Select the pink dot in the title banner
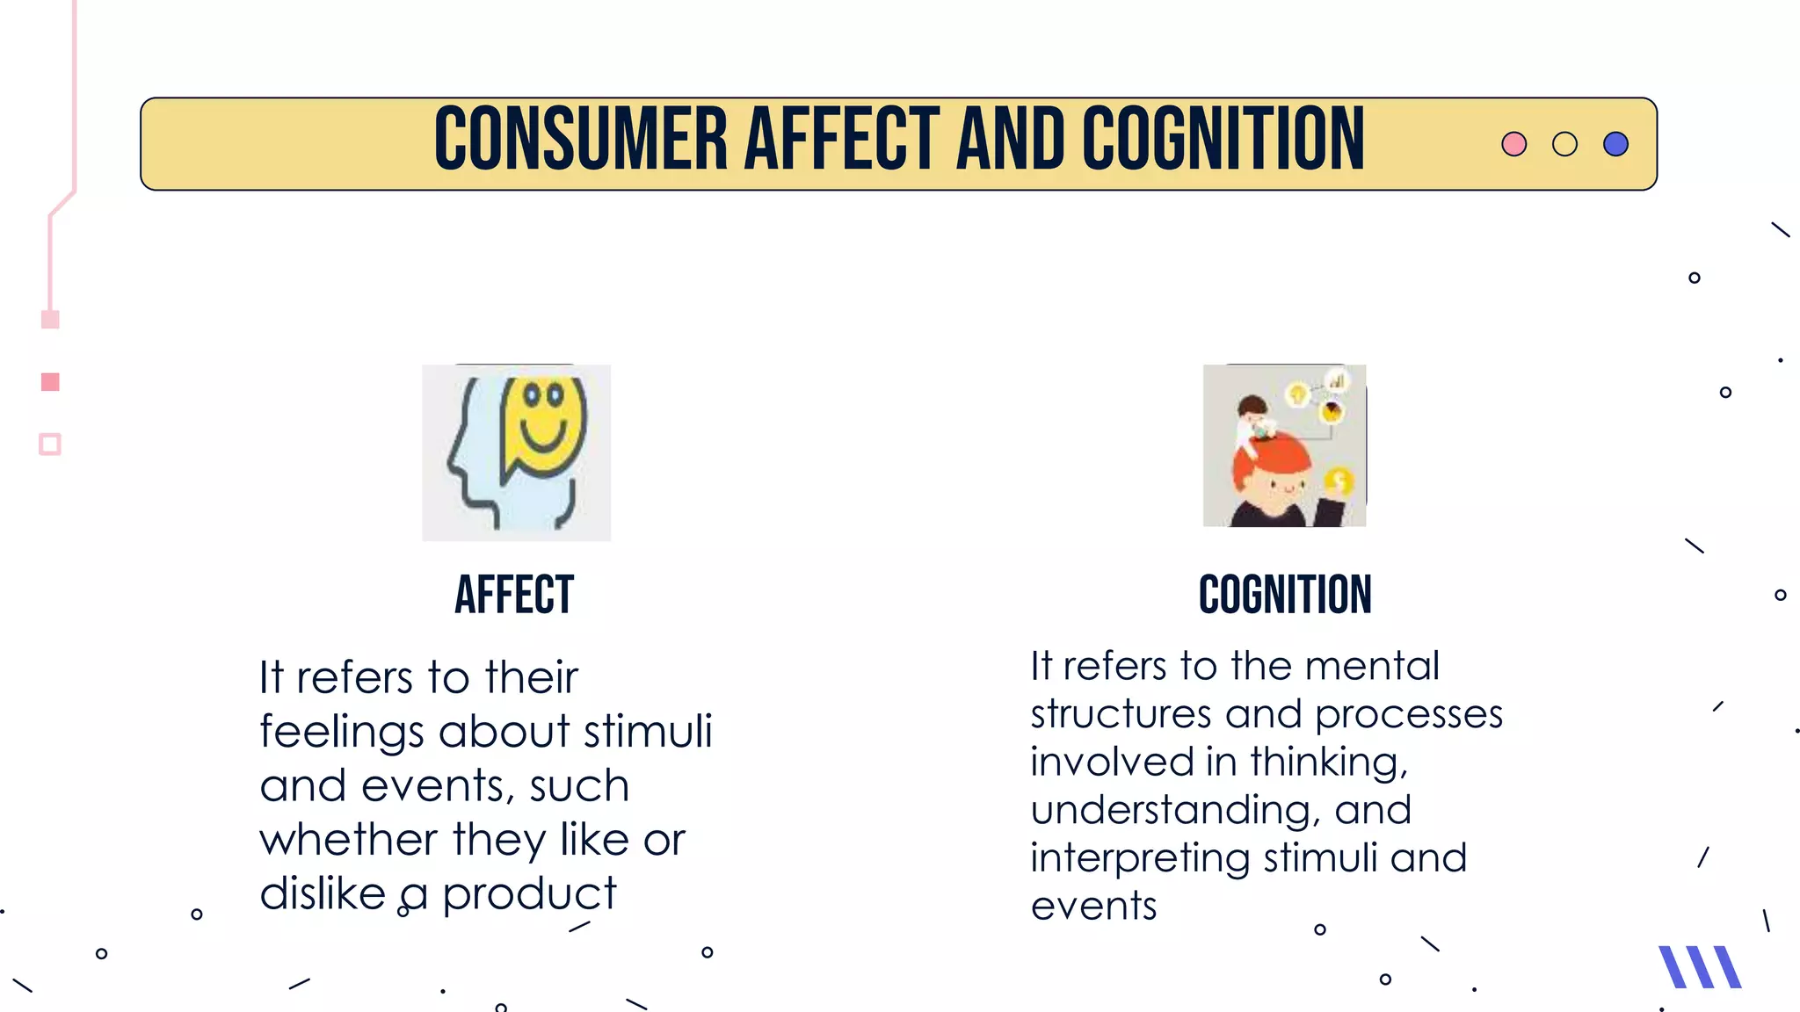tap(1513, 144)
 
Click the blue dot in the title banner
tap(1615, 144)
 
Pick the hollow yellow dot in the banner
tap(1564, 144)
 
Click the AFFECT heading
tap(514, 595)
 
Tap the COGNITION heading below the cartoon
tap(1285, 595)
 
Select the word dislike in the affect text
tap(323, 894)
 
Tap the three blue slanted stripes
tap(1699, 967)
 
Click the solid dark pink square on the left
tap(50, 382)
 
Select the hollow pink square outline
tap(50, 445)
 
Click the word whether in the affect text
tap(348, 840)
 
